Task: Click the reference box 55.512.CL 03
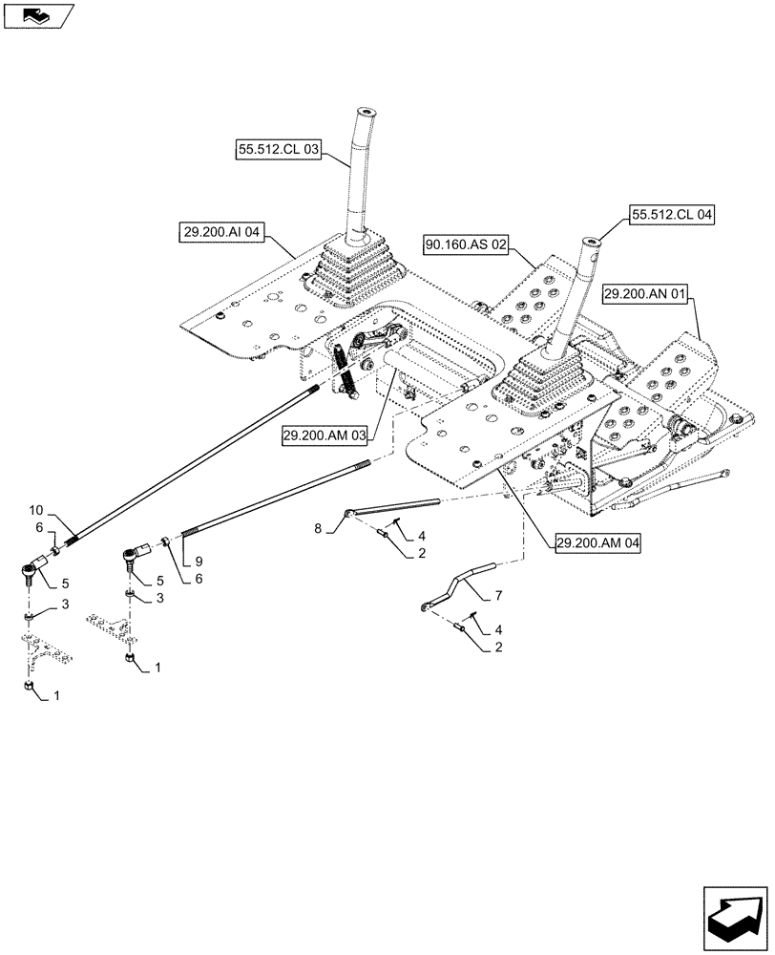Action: (x=278, y=150)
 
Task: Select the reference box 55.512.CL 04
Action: (x=672, y=216)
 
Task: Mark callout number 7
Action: (x=498, y=596)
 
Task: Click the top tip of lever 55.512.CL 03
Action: (x=367, y=112)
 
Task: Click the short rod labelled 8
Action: (x=391, y=507)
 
